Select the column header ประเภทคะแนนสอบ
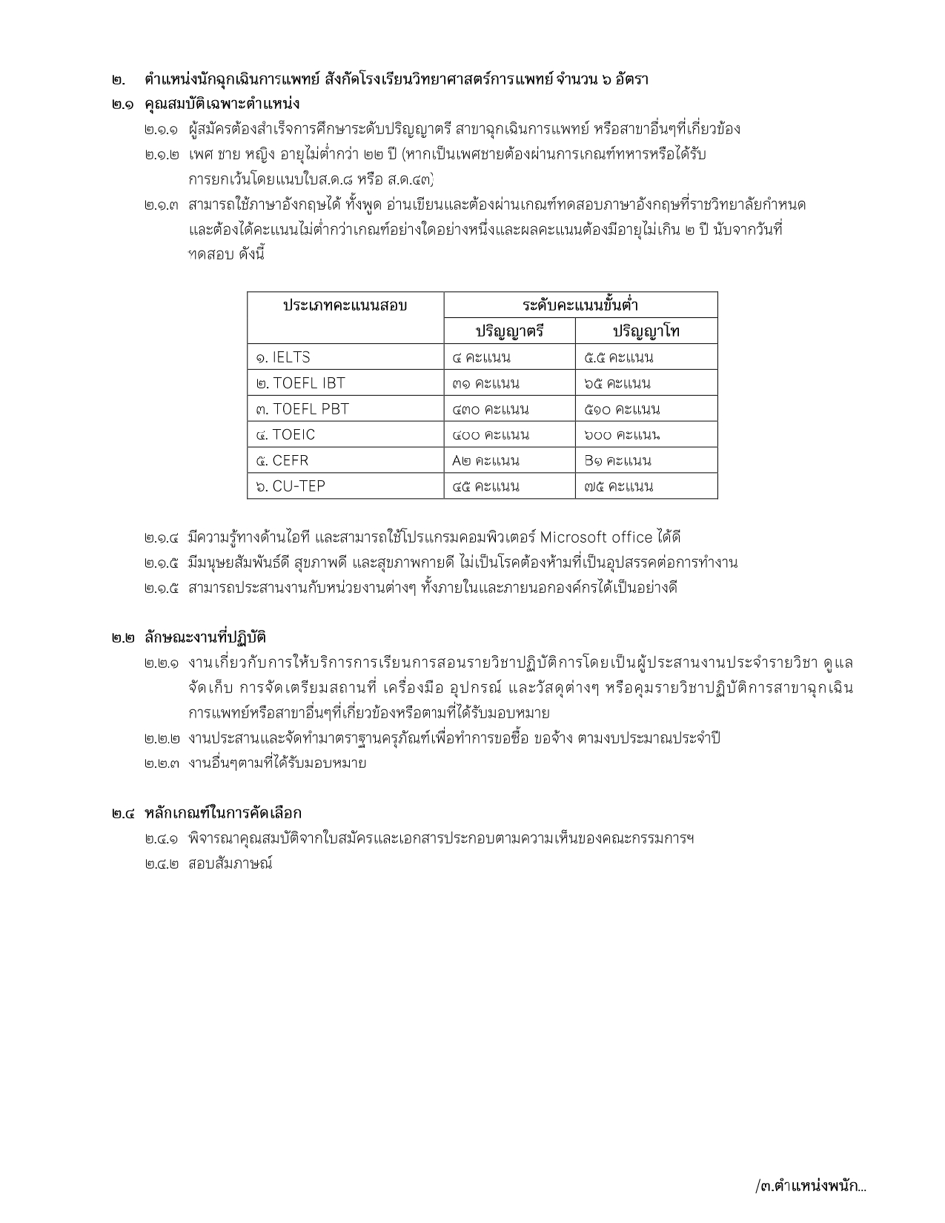(345, 305)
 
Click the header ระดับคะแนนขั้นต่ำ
(580, 305)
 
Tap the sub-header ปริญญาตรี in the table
(509, 331)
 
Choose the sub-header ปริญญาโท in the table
(646, 331)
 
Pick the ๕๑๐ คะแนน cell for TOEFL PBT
(622, 409)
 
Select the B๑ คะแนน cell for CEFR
(617, 460)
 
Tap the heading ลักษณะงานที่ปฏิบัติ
(205, 637)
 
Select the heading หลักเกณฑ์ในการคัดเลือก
(223, 813)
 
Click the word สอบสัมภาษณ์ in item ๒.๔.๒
(231, 864)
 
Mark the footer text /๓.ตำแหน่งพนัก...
(810, 1185)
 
